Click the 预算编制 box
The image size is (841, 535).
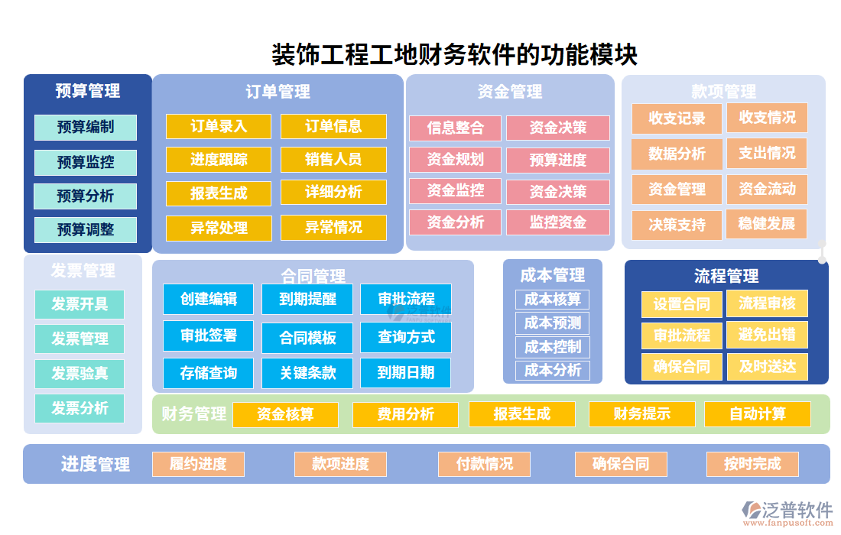[x=86, y=128]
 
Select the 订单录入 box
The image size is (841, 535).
[x=219, y=127]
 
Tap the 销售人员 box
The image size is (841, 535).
[x=333, y=160]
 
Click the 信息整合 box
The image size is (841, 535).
[x=456, y=128]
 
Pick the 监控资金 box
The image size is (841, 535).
[x=558, y=222]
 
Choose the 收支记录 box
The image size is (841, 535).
[x=677, y=118]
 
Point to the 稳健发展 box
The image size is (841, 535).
[x=767, y=224]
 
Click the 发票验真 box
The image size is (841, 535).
[x=80, y=374]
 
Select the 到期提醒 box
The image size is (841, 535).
[x=307, y=300]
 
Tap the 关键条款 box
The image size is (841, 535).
[x=307, y=373]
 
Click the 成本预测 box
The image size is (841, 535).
[x=552, y=323]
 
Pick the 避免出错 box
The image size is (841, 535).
[x=767, y=335]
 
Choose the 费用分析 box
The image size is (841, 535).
[x=405, y=414]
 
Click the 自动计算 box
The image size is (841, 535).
[x=757, y=414]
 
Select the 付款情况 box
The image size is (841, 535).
[x=485, y=464]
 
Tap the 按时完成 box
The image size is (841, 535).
[x=752, y=464]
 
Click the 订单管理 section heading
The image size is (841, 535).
[x=278, y=92]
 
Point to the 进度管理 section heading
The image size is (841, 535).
[x=96, y=464]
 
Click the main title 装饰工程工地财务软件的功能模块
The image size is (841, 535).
[x=455, y=54]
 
